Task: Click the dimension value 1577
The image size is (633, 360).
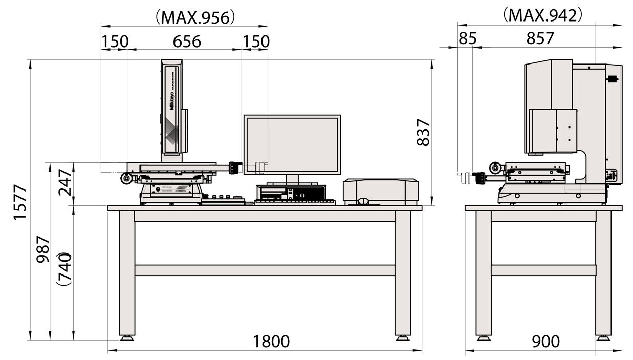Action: tap(19, 202)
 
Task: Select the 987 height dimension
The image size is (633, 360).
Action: tap(43, 249)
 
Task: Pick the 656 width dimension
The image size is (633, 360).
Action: tap(187, 41)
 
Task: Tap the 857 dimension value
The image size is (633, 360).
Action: tap(540, 38)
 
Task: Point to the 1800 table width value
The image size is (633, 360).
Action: tap(272, 342)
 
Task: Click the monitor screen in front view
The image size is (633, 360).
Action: tap(292, 144)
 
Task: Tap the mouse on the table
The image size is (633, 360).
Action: tap(363, 201)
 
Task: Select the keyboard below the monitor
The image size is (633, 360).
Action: tap(294, 202)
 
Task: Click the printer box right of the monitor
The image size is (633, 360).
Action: tap(381, 191)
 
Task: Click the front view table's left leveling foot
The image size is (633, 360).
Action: tap(126, 337)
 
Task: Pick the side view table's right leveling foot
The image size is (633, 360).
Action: tap(603, 337)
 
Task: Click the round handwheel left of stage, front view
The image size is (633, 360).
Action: tap(125, 178)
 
